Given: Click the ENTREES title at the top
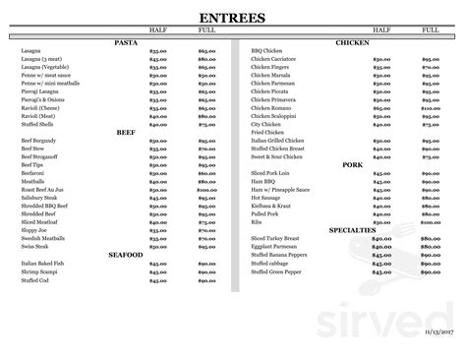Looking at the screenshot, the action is pyautogui.click(x=232, y=17).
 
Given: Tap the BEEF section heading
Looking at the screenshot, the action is pyautogui.click(x=125, y=132).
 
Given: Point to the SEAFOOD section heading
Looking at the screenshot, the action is pyautogui.click(x=125, y=255).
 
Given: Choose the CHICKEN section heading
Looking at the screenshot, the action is pyautogui.click(x=351, y=42).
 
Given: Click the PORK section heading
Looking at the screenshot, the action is pyautogui.click(x=351, y=165).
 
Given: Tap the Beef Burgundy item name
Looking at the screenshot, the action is pyautogui.click(x=35, y=141).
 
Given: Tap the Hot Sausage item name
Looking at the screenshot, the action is pyautogui.click(x=266, y=198).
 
